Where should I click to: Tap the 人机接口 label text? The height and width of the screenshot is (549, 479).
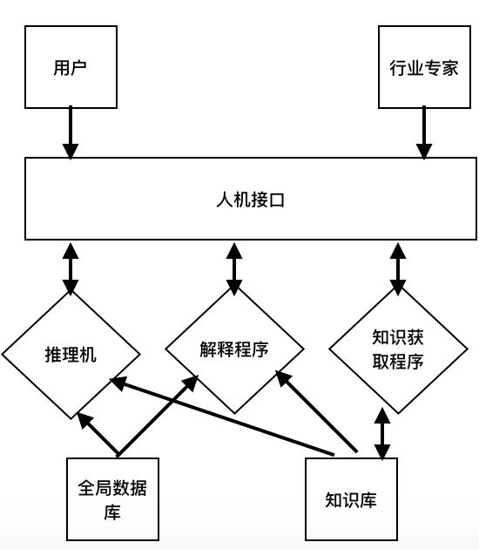pyautogui.click(x=251, y=199)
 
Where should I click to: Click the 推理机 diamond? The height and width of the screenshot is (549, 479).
pyautogui.click(x=71, y=355)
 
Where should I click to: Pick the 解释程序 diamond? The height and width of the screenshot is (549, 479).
pyautogui.click(x=234, y=349)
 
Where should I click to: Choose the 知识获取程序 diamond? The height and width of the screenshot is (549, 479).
pyautogui.click(x=397, y=349)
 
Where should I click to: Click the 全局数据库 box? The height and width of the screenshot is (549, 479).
pyautogui.click(x=113, y=499)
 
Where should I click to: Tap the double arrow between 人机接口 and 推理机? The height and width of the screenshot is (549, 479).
pyautogui.click(x=71, y=268)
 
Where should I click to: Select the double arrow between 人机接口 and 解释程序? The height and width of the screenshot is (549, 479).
pyautogui.click(x=234, y=265)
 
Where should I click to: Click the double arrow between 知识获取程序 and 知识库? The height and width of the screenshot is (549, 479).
pyautogui.click(x=381, y=431)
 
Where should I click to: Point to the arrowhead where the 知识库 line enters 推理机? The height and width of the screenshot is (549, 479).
pyautogui.click(x=116, y=381)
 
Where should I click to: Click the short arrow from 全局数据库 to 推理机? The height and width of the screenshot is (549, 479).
pyautogui.click(x=98, y=434)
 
